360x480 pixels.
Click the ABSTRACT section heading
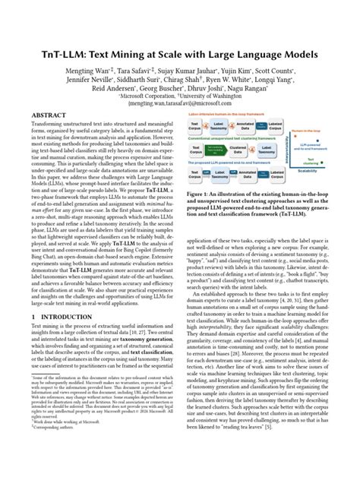[x=54, y=115]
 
